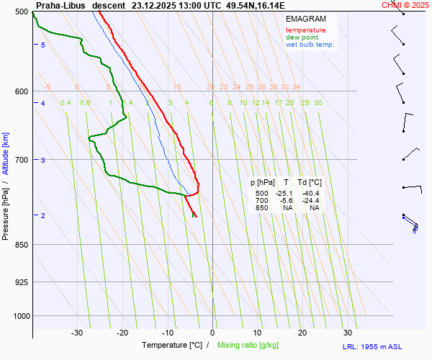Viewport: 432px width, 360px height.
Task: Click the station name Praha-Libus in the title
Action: coord(61,5)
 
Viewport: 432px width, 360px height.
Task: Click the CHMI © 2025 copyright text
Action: coord(405,5)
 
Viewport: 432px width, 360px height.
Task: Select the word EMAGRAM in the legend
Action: coord(305,18)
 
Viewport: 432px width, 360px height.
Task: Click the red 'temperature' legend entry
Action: coord(305,30)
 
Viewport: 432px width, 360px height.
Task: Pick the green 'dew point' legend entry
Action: coord(302,37)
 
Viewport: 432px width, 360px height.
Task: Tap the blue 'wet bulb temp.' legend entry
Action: coord(310,45)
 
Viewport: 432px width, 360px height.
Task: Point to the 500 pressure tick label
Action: coord(20,12)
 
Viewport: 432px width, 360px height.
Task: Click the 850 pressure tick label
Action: coord(20,245)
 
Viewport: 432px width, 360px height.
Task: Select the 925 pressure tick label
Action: coord(20,282)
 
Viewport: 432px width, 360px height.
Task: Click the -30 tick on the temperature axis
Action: coord(78,333)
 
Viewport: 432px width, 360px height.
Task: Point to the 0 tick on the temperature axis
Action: coord(212,333)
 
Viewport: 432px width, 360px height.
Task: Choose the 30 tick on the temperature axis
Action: coord(348,333)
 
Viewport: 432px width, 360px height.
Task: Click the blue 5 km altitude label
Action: coord(43,45)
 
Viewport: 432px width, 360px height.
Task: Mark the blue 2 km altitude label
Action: coord(43,216)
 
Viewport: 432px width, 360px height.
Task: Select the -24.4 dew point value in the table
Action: coord(311,201)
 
